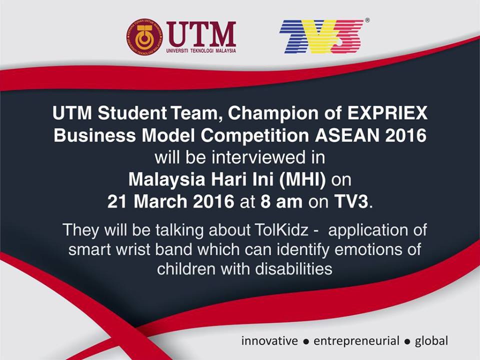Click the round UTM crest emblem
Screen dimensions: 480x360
pos(145,36)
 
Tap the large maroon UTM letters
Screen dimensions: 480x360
pos(201,33)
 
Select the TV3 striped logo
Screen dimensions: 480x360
pos(321,36)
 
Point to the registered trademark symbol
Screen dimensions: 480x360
pos(367,20)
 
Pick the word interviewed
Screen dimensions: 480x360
pos(258,157)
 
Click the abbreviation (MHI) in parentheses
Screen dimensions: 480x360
pos(302,179)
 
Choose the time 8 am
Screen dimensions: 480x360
pos(281,202)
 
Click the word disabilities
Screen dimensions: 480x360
pos(293,269)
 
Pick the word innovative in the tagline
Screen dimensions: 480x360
pos(269,340)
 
